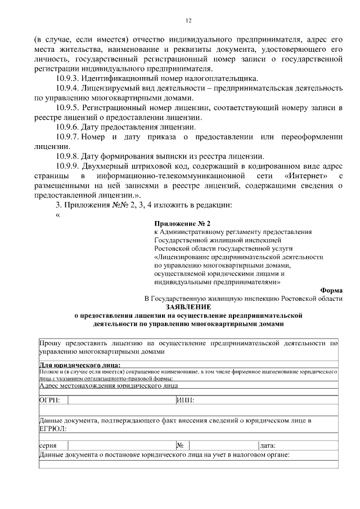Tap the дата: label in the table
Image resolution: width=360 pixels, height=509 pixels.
pyautogui.click(x=268, y=445)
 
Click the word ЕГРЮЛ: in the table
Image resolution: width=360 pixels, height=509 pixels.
pyautogui.click(x=52, y=429)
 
